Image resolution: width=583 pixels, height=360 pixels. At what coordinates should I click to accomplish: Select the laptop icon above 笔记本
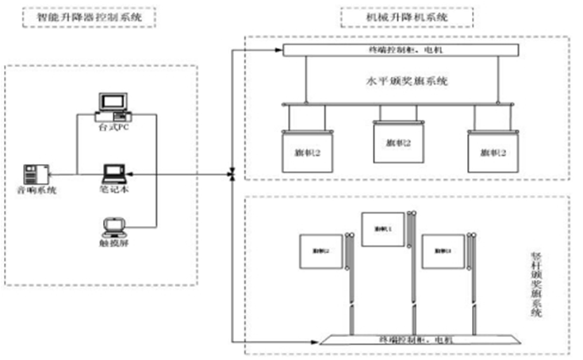[113, 170]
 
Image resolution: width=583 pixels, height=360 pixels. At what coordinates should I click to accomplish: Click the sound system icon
[36, 172]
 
